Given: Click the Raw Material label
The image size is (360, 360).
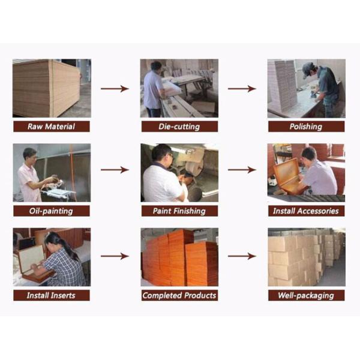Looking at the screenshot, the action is [51, 127].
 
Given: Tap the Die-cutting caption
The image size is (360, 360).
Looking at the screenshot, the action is [179, 127].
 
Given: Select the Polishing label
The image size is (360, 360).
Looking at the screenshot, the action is [306, 127].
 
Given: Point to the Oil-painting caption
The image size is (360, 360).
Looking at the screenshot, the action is [51, 211].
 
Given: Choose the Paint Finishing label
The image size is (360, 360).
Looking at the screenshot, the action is [179, 211].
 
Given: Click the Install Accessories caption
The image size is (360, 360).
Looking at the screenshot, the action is [306, 211].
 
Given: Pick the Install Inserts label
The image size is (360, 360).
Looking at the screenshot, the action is [51, 295].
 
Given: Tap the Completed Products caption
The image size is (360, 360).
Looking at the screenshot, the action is [179, 295].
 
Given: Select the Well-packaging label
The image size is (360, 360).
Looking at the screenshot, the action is [306, 295].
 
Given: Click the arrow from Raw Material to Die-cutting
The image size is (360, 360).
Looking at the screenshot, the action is [115, 89].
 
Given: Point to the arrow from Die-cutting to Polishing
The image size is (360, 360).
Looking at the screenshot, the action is [242, 89].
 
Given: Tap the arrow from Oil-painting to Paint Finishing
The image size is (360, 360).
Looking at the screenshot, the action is [115, 170].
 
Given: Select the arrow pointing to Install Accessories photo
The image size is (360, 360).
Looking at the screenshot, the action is [242, 170].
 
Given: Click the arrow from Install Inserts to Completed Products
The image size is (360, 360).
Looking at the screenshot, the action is [115, 256].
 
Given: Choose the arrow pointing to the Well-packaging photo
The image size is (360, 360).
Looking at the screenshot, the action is [242, 256].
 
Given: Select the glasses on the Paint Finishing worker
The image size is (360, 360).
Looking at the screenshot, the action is [170, 155].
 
